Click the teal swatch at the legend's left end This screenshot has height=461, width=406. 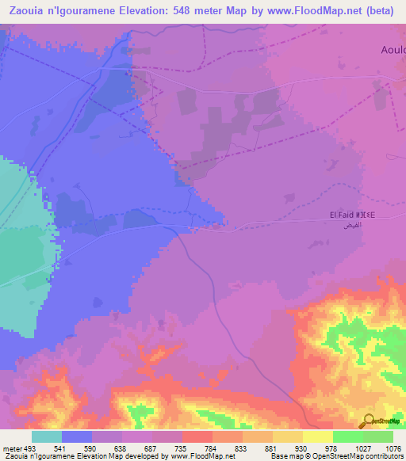tap(47, 436)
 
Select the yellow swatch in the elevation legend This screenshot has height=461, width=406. tap(318, 436)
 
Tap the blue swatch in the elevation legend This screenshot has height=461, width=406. tap(77, 436)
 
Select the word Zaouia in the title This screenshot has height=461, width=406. tap(29, 10)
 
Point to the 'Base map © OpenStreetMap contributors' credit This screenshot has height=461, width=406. tap(336, 456)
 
